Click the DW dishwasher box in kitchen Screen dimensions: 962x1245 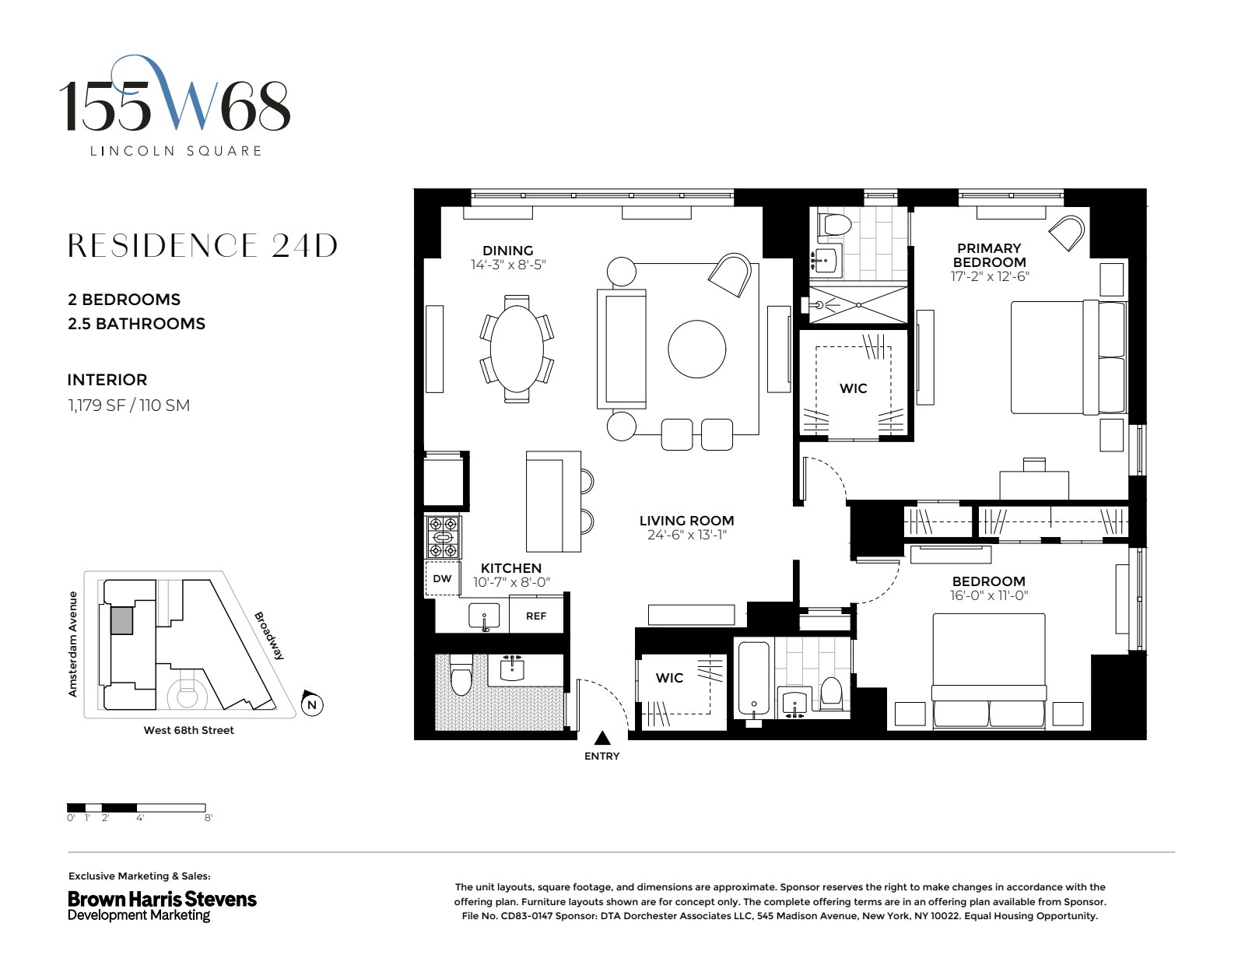[442, 578]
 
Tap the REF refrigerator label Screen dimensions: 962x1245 [536, 616]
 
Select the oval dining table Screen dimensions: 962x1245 [517, 349]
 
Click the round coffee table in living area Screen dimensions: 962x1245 [696, 349]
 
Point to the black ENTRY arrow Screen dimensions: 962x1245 [601, 738]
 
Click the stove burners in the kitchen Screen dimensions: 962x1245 [443, 537]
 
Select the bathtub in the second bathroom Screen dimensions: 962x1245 [753, 677]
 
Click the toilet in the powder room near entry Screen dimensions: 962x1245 [461, 678]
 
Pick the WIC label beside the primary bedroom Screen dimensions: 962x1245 [853, 388]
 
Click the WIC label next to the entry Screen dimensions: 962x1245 [669, 678]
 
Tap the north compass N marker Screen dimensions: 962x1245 [312, 705]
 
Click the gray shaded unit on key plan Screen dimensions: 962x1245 [121, 620]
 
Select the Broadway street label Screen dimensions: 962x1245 [269, 635]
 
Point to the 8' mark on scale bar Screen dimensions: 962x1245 [208, 818]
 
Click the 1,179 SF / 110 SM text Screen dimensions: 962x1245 [129, 406]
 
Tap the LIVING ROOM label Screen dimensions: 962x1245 [686, 521]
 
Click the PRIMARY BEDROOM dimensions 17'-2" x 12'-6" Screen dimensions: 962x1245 [989, 276]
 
